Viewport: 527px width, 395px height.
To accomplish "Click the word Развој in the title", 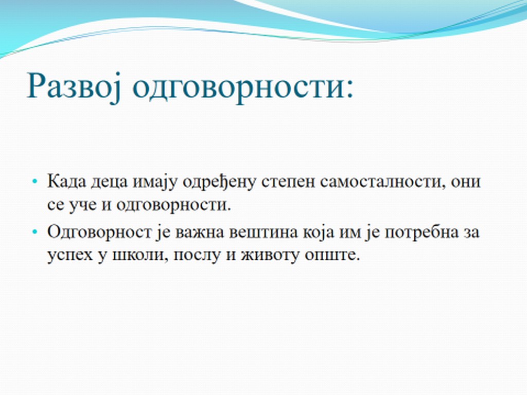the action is [74, 86].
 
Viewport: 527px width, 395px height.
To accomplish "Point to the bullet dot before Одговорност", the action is [34, 232].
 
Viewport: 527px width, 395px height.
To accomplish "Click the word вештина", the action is [263, 232].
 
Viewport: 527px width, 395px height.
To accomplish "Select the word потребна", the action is [421, 232].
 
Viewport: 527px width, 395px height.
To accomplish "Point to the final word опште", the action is [332, 255].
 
